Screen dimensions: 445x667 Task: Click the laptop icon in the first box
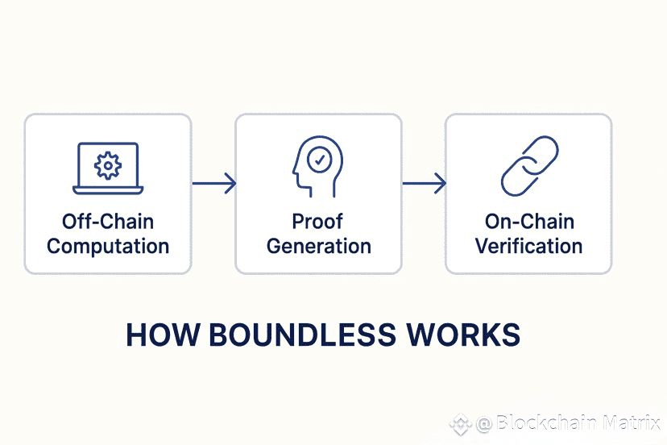108,168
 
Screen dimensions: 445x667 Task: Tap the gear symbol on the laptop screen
108,164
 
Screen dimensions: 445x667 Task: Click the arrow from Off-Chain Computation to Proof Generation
214,184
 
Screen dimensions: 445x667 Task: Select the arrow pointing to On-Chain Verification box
424,184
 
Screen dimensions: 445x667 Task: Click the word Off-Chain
108,221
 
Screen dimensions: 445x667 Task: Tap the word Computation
108,246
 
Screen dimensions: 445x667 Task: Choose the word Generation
319,246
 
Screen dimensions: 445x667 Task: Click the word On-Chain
528,221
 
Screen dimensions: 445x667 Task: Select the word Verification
528,246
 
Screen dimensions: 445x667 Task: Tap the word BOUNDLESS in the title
300,335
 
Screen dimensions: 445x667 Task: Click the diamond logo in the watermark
461,424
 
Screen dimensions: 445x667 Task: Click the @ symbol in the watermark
483,424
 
